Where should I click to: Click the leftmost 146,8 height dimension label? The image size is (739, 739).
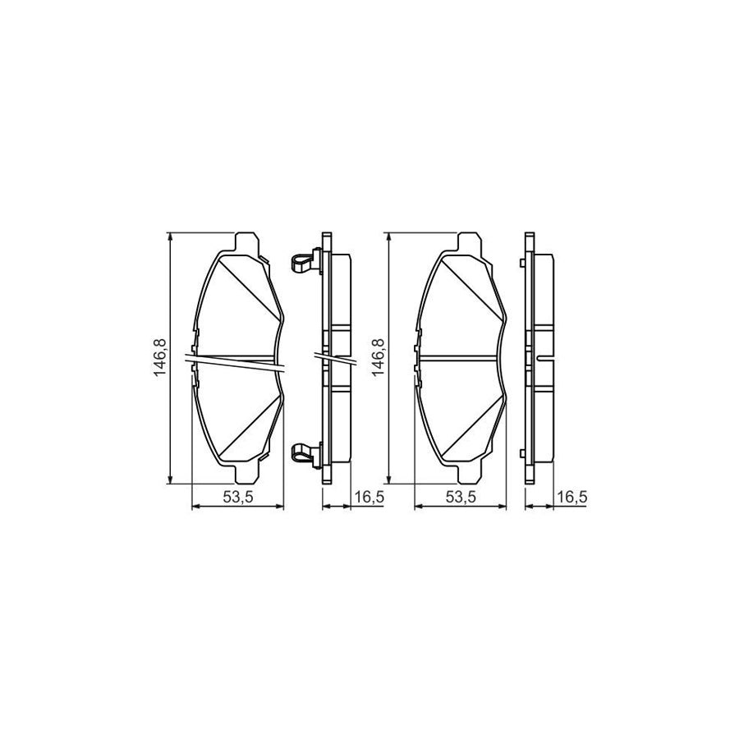tap(162, 358)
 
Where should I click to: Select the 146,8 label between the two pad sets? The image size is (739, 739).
tap(380, 358)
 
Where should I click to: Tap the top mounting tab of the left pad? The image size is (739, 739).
tap(243, 241)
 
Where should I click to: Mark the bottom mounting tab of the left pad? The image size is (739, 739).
tap(243, 475)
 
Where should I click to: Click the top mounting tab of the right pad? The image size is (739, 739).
tap(467, 241)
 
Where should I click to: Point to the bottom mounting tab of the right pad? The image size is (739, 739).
tap(467, 475)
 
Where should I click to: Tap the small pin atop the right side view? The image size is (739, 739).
tap(523, 263)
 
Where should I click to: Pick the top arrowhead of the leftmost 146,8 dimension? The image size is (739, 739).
tap(170, 236)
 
